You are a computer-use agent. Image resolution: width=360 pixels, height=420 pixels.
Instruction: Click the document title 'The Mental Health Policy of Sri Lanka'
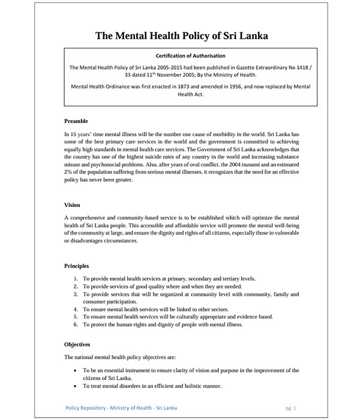[181, 35]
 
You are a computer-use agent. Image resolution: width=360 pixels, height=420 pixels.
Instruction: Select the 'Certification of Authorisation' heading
[181, 56]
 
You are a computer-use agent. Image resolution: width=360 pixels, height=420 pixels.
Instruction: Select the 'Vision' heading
[72, 205]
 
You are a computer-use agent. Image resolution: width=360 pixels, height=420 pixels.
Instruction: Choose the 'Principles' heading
[77, 265]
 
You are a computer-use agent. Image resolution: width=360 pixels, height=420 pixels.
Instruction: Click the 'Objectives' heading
[77, 344]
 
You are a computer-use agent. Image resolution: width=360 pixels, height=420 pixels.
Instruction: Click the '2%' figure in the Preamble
[68, 172]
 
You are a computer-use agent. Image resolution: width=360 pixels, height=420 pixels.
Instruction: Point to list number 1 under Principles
[76, 279]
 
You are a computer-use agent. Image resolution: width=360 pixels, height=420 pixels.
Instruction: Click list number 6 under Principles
[76, 325]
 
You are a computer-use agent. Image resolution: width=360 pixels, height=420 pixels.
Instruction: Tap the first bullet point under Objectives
[74, 371]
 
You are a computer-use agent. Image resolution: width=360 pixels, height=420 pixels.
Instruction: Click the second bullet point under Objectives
[74, 386]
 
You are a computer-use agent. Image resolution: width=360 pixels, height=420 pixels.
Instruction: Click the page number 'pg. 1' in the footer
[291, 408]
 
